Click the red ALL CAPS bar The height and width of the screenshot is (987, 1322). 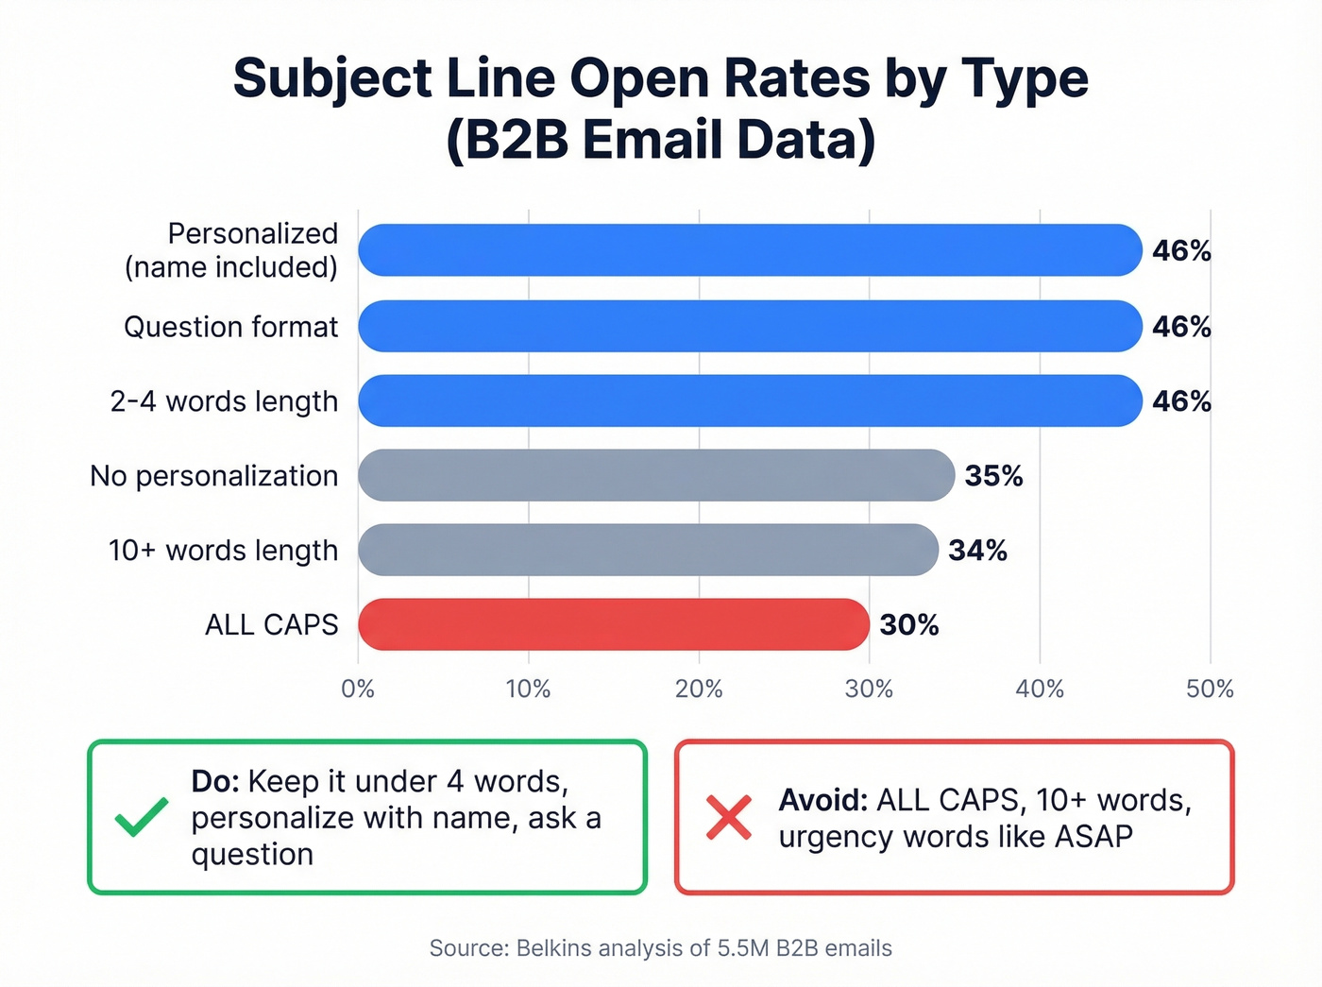coord(614,624)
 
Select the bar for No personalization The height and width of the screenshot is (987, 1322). coord(656,475)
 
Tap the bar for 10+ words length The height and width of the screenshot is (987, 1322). coord(648,550)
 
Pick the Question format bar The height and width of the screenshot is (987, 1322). coord(751,326)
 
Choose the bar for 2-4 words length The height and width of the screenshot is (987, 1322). coord(751,400)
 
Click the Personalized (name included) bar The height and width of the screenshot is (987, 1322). coord(751,250)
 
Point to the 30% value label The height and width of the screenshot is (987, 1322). coord(909,625)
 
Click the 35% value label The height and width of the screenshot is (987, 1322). coord(993,476)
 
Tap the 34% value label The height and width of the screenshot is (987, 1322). coord(977,551)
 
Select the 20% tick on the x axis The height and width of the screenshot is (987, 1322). coord(699,689)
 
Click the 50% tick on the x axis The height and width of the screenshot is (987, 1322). coord(1210,689)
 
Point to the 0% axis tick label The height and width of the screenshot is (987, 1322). coord(358,689)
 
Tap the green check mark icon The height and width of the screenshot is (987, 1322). coord(142,817)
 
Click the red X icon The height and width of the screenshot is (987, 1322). coord(729,818)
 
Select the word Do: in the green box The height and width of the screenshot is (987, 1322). coord(216,782)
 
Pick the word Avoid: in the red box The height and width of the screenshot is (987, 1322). coord(822,801)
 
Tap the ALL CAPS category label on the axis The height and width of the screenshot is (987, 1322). coord(271,625)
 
